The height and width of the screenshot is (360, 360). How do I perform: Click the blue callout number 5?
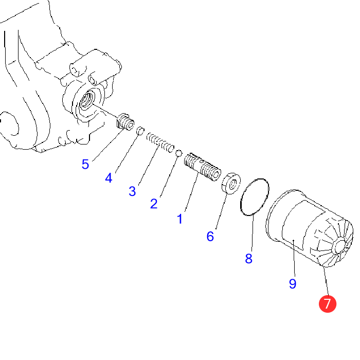[x=85, y=165]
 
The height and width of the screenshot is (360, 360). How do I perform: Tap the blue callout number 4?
[x=109, y=178]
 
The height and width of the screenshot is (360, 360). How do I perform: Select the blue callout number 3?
[x=132, y=191]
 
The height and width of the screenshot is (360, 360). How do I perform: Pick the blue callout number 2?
[x=154, y=204]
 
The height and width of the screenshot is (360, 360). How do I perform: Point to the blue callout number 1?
[x=180, y=219]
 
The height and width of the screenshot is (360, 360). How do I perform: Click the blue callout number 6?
[x=210, y=236]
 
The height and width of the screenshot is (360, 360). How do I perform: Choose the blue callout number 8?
[x=248, y=259]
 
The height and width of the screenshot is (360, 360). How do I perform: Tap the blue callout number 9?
[x=293, y=283]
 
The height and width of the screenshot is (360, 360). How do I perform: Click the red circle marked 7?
[x=328, y=304]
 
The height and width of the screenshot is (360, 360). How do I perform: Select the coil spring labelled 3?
[x=160, y=142]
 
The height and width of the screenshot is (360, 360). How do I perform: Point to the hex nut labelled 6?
[x=231, y=184]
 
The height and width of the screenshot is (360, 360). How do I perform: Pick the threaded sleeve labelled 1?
[x=202, y=167]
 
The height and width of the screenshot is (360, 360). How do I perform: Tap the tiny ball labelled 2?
[x=179, y=153]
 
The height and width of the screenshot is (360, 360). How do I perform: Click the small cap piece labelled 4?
[x=140, y=131]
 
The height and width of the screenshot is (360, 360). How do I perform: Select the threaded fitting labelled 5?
[x=125, y=122]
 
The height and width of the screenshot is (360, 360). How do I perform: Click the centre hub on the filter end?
[x=340, y=246]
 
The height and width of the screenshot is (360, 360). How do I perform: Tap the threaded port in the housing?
[x=87, y=99]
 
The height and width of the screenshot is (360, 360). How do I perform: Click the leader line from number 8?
[x=253, y=233]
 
